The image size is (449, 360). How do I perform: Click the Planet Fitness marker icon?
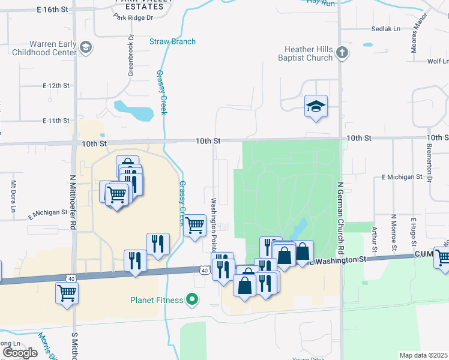192,298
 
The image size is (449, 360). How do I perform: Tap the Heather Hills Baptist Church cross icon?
342,53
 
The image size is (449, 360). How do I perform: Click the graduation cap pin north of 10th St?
316,107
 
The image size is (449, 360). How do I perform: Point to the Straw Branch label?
172,41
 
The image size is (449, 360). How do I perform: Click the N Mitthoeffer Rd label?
73,199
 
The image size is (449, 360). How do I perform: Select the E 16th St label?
53,10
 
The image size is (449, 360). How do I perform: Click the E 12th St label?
56,86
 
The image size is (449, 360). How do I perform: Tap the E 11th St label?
56,121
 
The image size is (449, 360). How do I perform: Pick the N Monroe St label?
394,232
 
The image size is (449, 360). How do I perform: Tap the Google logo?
20,353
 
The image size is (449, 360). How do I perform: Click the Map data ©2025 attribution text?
424,355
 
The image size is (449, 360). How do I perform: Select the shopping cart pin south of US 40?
67,293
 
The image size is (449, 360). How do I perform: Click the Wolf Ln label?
438,61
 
